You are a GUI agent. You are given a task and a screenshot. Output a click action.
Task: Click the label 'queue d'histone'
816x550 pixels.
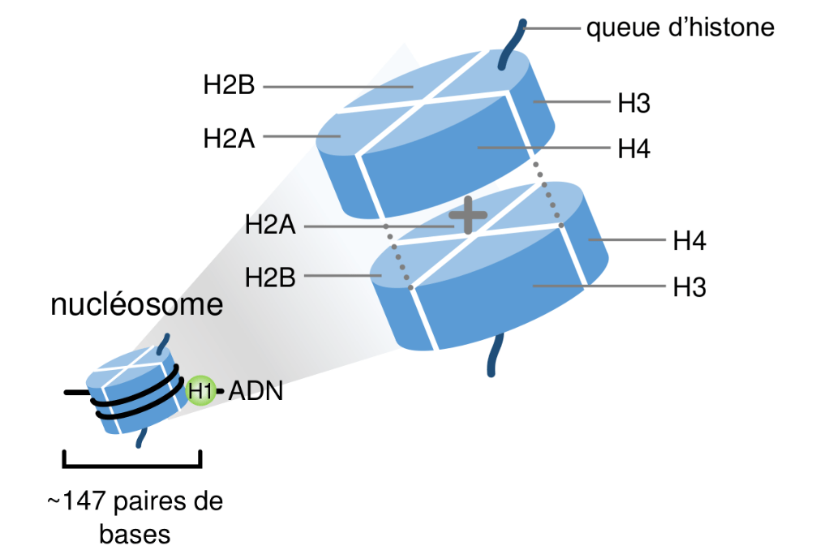pos(680,29)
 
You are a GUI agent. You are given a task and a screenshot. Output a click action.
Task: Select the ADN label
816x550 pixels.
pos(256,392)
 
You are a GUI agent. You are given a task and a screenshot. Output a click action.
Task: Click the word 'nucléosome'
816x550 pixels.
pos(136,305)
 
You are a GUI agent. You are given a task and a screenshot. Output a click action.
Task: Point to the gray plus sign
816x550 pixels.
pos(468,216)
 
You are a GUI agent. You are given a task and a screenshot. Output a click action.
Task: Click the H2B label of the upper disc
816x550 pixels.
pos(230,85)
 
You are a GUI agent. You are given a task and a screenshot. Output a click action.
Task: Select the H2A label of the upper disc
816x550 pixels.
pos(229,138)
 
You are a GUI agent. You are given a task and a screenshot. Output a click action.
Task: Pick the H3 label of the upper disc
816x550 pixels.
pos(634,103)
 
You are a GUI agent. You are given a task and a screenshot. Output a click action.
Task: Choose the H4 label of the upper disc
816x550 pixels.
pos(634,148)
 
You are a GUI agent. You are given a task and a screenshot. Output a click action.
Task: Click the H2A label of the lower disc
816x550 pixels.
pos(270,225)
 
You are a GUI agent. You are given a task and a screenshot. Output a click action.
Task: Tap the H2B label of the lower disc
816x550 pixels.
pos(271,277)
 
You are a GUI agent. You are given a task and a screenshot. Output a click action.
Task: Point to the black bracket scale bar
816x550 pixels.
pos(131,465)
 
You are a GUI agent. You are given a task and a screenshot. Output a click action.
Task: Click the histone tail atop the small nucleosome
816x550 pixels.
pos(166,342)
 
